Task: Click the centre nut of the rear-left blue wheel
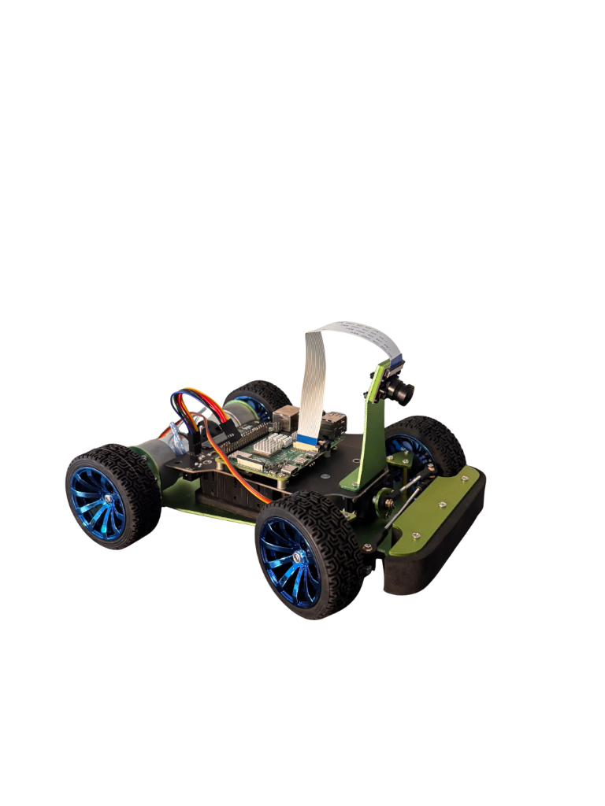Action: pyautogui.click(x=105, y=499)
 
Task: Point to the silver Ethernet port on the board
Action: pyautogui.click(x=289, y=418)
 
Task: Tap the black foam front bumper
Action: pyautogui.click(x=441, y=551)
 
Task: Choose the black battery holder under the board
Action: pyautogui.click(x=228, y=492)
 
